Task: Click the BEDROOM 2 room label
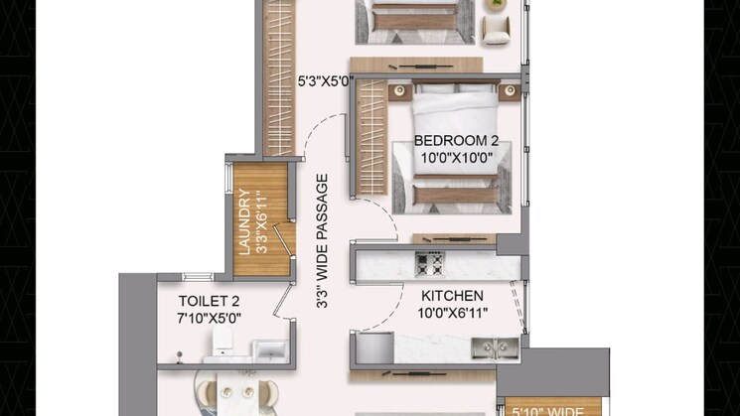[456, 141]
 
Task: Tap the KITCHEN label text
[452, 296]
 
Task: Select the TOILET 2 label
[209, 301]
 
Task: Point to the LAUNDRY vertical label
[244, 221]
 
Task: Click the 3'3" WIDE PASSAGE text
[322, 241]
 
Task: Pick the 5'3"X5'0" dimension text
[326, 81]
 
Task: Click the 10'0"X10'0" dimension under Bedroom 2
[456, 158]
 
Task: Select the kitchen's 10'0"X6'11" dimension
[452, 313]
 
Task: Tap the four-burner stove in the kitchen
[429, 264]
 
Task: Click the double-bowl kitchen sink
[495, 348]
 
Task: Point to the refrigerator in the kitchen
[374, 348]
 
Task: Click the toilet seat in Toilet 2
[222, 341]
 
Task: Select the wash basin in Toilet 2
[270, 350]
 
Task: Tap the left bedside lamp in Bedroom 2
[399, 91]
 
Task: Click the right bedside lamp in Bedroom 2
[510, 91]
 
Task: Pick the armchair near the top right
[496, 30]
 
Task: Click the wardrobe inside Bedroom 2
[371, 137]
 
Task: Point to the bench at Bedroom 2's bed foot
[455, 195]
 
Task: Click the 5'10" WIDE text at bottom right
[548, 411]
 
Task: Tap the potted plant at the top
[496, 4]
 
